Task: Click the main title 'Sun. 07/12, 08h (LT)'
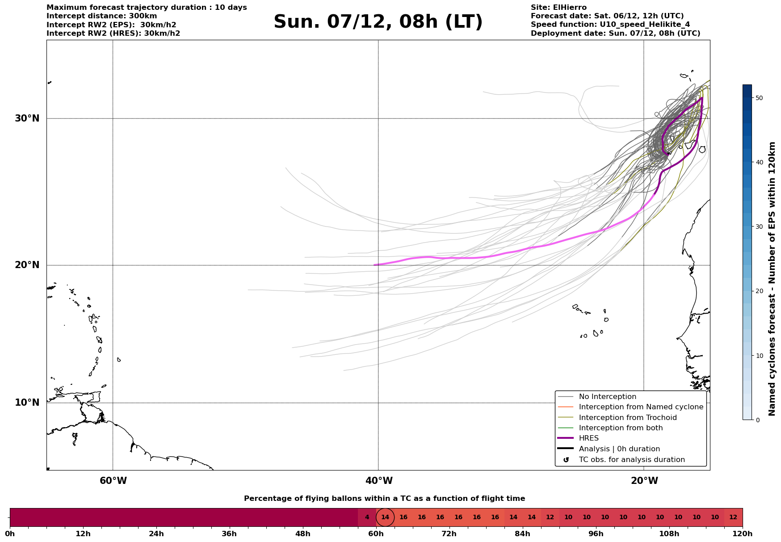point(378,22)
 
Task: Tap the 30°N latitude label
point(27,118)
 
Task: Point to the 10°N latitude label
point(27,403)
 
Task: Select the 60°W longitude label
point(113,481)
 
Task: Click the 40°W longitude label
point(379,481)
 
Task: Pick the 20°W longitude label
point(644,481)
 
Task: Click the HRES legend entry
point(588,438)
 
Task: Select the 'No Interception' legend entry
point(607,397)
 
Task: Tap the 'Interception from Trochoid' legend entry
point(627,418)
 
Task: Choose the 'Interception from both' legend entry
point(621,428)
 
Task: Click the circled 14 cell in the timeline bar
point(385,517)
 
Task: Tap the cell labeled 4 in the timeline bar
point(367,517)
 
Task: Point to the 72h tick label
point(449,534)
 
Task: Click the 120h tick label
point(743,534)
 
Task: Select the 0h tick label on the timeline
point(10,534)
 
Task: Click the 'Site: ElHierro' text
point(558,8)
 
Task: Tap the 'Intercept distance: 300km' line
point(101,16)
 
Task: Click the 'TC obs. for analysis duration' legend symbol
point(566,460)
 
